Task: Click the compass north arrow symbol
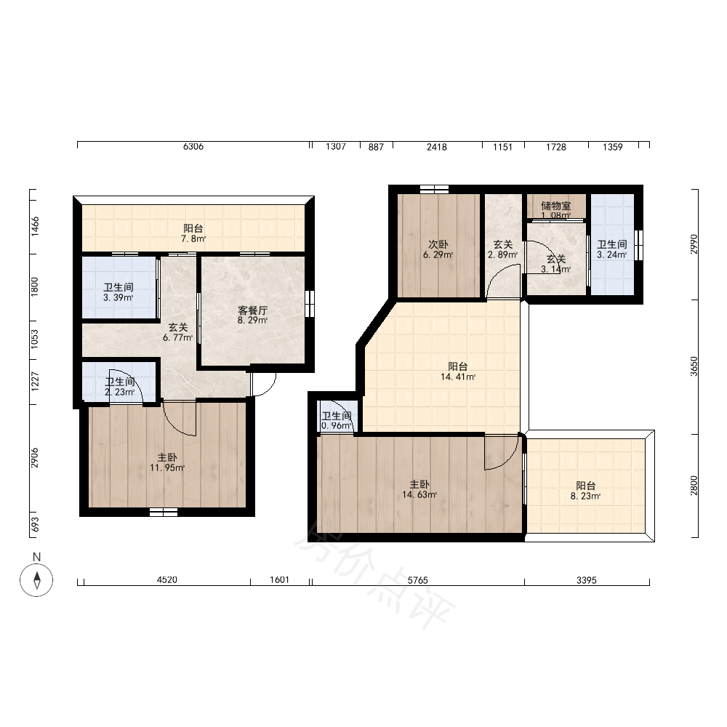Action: (x=36, y=580)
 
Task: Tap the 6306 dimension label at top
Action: (x=193, y=147)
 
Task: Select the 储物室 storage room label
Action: (x=556, y=206)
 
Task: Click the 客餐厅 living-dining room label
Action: (x=253, y=310)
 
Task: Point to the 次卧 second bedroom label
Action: (x=438, y=244)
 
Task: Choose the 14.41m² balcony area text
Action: (x=458, y=377)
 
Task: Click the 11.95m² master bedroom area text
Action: (x=167, y=467)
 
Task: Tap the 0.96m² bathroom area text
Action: (x=337, y=425)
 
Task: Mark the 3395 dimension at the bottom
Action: (x=587, y=580)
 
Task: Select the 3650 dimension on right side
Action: (x=694, y=366)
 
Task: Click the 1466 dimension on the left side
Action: (x=35, y=227)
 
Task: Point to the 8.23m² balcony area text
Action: (x=585, y=496)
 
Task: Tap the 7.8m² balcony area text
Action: (x=193, y=238)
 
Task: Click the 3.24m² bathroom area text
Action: (x=612, y=254)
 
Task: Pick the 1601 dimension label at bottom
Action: (x=280, y=579)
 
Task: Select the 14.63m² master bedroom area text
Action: (x=419, y=494)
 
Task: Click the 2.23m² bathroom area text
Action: (x=120, y=392)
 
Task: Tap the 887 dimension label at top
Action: (x=376, y=147)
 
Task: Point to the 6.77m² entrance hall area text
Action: (x=178, y=337)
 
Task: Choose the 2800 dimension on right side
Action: (x=694, y=486)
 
